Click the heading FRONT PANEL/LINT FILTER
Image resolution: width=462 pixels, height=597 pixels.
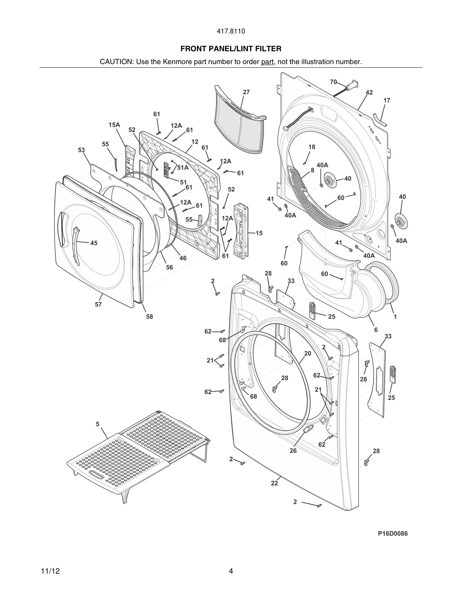pyautogui.click(x=231, y=49)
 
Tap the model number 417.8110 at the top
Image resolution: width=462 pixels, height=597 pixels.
pyautogui.click(x=231, y=31)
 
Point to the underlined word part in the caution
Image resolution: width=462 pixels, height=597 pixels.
pyautogui.click(x=267, y=62)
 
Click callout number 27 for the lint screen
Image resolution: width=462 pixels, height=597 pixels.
pyautogui.click(x=246, y=92)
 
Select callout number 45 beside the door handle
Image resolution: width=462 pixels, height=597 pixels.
pyautogui.click(x=94, y=243)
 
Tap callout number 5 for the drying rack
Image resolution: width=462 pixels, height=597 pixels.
pyautogui.click(x=97, y=424)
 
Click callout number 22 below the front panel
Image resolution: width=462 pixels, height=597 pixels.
pyautogui.click(x=274, y=483)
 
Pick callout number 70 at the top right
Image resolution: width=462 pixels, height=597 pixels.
pyautogui.click(x=333, y=82)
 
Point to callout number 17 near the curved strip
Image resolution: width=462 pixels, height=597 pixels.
pyautogui.click(x=387, y=101)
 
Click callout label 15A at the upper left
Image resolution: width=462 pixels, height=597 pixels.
pyautogui.click(x=114, y=125)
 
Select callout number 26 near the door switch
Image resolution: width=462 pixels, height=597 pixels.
pyautogui.click(x=293, y=451)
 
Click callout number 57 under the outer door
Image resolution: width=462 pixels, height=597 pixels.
pyautogui.click(x=98, y=305)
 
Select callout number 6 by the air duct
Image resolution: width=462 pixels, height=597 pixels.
pyautogui.click(x=376, y=330)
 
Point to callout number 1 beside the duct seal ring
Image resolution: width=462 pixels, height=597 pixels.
pyautogui.click(x=395, y=317)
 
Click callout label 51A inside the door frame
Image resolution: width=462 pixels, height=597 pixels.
pyautogui.click(x=183, y=168)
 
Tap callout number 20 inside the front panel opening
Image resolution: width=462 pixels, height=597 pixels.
pyautogui.click(x=308, y=354)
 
